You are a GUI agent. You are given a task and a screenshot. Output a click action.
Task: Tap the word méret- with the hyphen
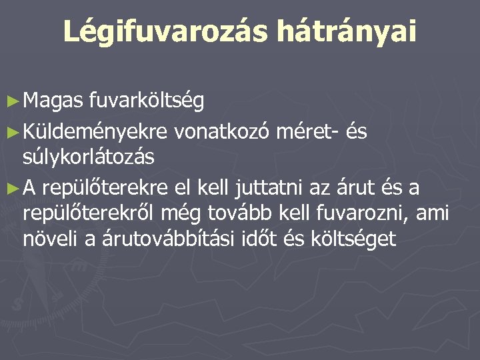click(307, 133)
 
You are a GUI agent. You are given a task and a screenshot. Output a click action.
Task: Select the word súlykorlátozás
click(88, 157)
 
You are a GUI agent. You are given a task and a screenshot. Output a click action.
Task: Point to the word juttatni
click(262, 189)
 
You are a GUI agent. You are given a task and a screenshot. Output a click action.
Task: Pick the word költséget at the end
click(353, 238)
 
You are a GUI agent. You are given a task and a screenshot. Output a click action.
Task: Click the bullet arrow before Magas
click(11, 101)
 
